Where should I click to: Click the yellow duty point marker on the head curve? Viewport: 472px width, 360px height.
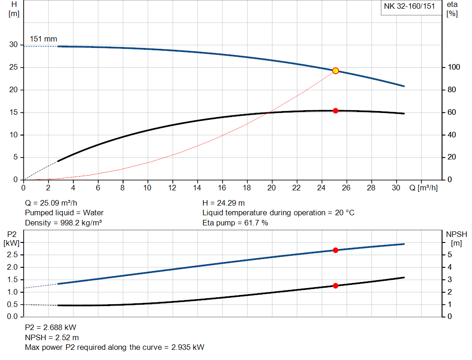pyautogui.click(x=336, y=71)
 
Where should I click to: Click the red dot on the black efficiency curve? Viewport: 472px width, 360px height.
pyautogui.click(x=336, y=111)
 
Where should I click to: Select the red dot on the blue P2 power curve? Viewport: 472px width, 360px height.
pyautogui.click(x=336, y=250)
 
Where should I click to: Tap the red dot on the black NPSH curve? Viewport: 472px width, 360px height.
pyautogui.click(x=336, y=286)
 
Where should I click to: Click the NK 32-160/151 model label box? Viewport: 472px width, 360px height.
pyautogui.click(x=409, y=7)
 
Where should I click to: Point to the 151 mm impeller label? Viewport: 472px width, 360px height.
pyautogui.click(x=43, y=39)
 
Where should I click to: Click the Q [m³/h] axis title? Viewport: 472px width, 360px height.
pyautogui.click(x=423, y=188)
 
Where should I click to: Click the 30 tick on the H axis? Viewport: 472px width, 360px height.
pyautogui.click(x=13, y=45)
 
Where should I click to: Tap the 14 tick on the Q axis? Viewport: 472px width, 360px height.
pyautogui.click(x=197, y=188)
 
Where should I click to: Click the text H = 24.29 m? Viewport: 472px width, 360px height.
pyautogui.click(x=224, y=203)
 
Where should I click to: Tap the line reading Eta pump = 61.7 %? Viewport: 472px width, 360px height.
pyautogui.click(x=235, y=223)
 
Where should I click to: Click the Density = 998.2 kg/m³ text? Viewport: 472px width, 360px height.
pyautogui.click(x=63, y=223)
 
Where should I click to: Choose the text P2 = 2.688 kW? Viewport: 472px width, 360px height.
pyautogui.click(x=50, y=328)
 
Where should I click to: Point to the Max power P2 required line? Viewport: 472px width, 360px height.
pyautogui.click(x=114, y=347)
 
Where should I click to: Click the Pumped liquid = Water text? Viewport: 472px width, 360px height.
pyautogui.click(x=64, y=213)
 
